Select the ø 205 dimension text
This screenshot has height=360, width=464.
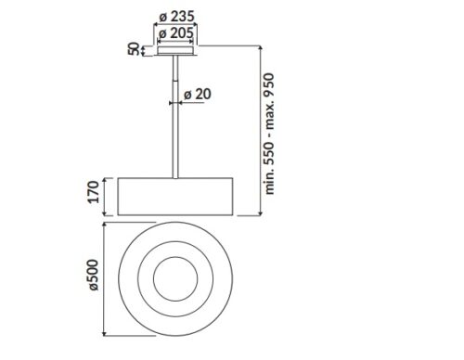coord(175,33)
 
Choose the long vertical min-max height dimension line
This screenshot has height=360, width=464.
coord(260,130)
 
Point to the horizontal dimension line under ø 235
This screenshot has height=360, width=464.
coord(175,25)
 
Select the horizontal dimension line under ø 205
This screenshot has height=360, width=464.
coord(175,43)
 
